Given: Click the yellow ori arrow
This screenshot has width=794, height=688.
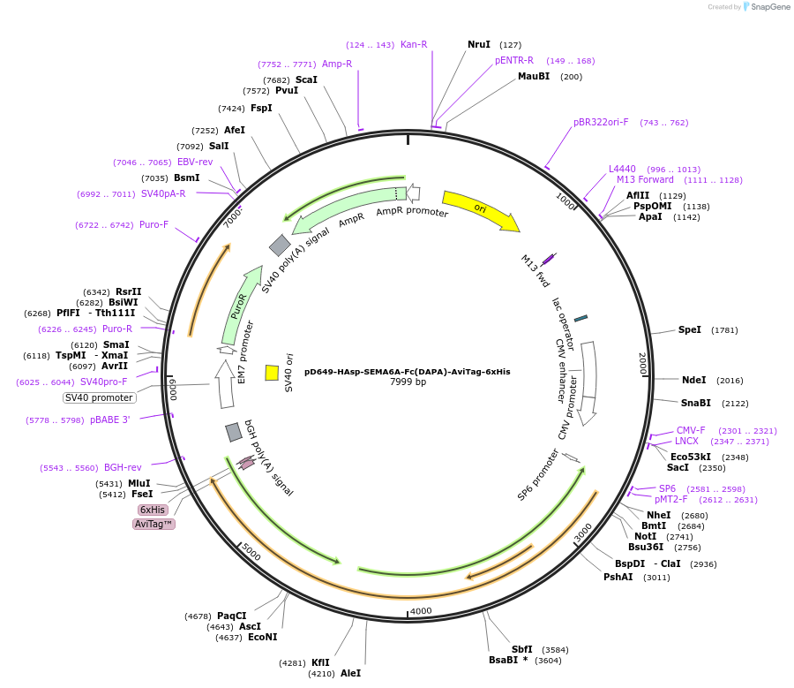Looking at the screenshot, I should tap(480, 210).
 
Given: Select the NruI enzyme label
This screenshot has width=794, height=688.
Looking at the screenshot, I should tap(479, 44).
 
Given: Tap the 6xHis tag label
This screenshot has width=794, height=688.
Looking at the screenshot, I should tap(152, 510).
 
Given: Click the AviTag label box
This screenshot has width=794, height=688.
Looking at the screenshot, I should tap(154, 524).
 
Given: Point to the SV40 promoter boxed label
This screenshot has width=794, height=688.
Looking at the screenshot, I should tap(98, 397).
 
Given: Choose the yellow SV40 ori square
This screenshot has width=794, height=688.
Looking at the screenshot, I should tap(272, 373).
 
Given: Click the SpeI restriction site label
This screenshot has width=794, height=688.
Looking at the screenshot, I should tap(689, 330).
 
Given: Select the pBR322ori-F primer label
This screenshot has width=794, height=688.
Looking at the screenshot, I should tap(601, 123).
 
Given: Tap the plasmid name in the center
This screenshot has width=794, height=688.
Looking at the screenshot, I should tap(407, 372).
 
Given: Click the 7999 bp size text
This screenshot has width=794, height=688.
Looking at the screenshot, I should tap(408, 382).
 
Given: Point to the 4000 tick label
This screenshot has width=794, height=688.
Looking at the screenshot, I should tap(421, 611).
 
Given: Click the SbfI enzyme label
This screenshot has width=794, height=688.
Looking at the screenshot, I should tap(521, 649).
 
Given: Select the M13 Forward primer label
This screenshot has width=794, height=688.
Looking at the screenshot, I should tap(645, 180).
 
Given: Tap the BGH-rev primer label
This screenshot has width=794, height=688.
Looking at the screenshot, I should tap(123, 468).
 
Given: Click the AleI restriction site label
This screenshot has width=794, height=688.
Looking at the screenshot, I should tap(350, 673).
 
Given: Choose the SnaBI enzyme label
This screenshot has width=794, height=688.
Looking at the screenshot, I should tap(695, 403).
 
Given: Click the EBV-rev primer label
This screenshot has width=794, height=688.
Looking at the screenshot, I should tap(195, 163).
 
